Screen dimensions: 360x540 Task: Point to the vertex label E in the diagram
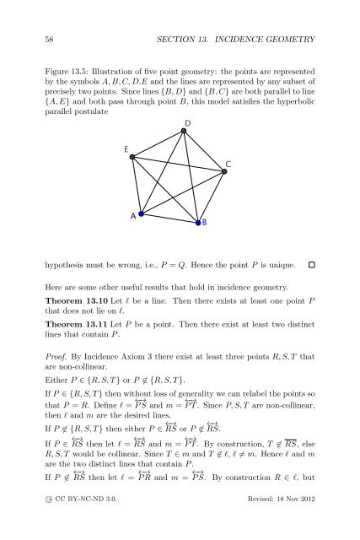[x=126, y=149]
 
